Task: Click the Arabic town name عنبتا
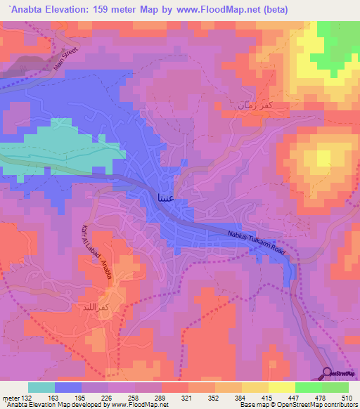(x=169, y=200)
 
